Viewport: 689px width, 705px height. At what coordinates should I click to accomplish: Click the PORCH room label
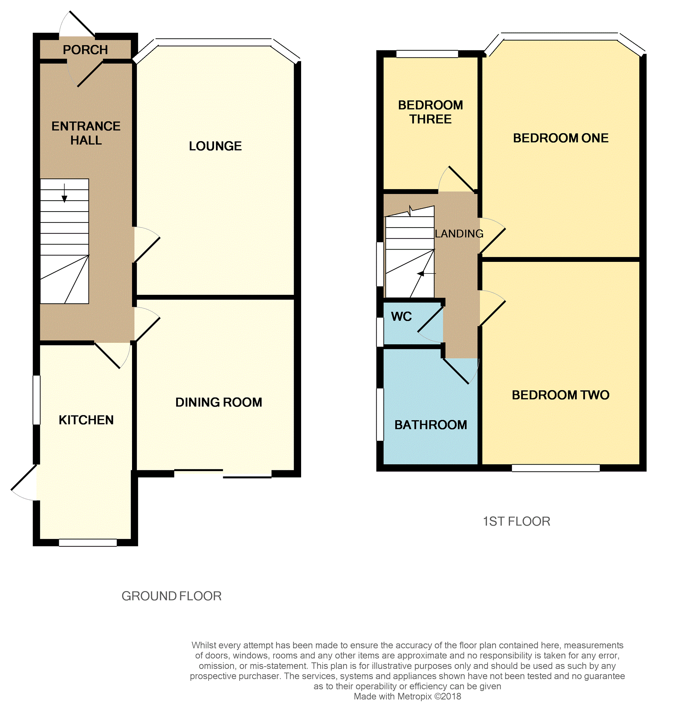(85, 50)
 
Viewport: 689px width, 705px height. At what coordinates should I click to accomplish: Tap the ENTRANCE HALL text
(86, 133)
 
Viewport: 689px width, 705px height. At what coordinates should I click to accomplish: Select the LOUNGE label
(215, 146)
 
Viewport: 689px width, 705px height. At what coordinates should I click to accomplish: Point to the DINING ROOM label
(218, 402)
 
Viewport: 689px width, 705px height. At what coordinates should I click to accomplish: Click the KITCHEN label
(86, 420)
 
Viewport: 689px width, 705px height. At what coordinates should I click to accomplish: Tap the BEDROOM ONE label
(560, 138)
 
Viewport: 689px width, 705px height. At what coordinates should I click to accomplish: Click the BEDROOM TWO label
(560, 395)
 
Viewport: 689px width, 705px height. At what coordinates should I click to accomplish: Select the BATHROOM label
(430, 424)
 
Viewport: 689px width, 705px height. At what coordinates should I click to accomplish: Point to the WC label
(401, 316)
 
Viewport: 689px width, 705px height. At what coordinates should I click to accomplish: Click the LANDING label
(459, 233)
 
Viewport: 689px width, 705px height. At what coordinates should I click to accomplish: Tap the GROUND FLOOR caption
(171, 596)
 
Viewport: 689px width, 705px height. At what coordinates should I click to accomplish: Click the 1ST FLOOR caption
(516, 521)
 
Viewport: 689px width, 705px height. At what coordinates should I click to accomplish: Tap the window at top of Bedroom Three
(427, 54)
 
